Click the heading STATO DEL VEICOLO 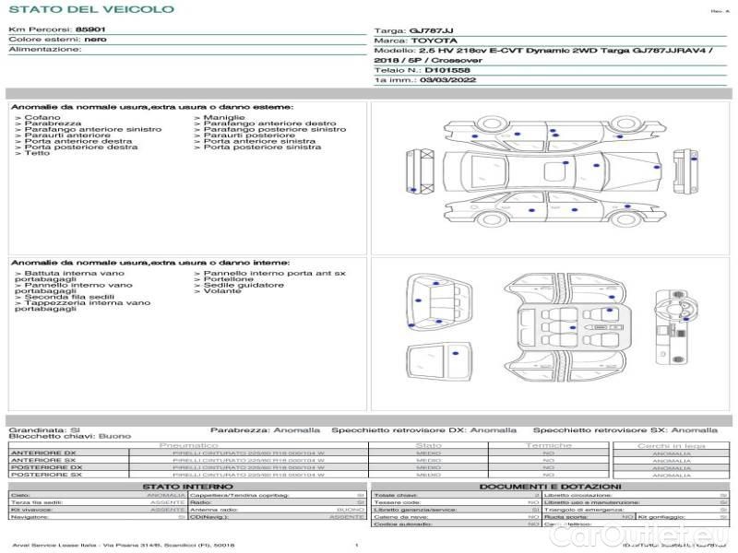(x=90, y=9)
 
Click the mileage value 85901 (x=90, y=29)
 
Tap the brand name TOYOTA (x=431, y=41)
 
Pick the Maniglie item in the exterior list (x=224, y=118)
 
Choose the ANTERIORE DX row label (x=43, y=453)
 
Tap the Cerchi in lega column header (x=671, y=445)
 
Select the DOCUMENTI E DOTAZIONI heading (x=549, y=486)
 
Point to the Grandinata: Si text (x=44, y=429)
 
